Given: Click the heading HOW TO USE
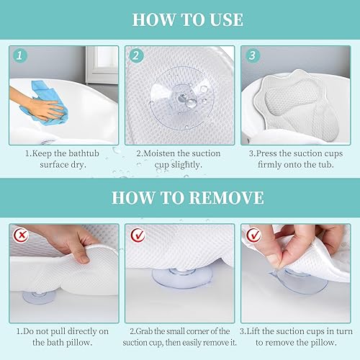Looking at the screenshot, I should (x=179, y=19).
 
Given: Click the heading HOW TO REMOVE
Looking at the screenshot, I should (x=179, y=197).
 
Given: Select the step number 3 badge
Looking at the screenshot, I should (x=252, y=55).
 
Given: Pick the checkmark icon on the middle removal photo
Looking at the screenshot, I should (x=136, y=235).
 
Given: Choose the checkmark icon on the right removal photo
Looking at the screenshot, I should (x=251, y=235).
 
